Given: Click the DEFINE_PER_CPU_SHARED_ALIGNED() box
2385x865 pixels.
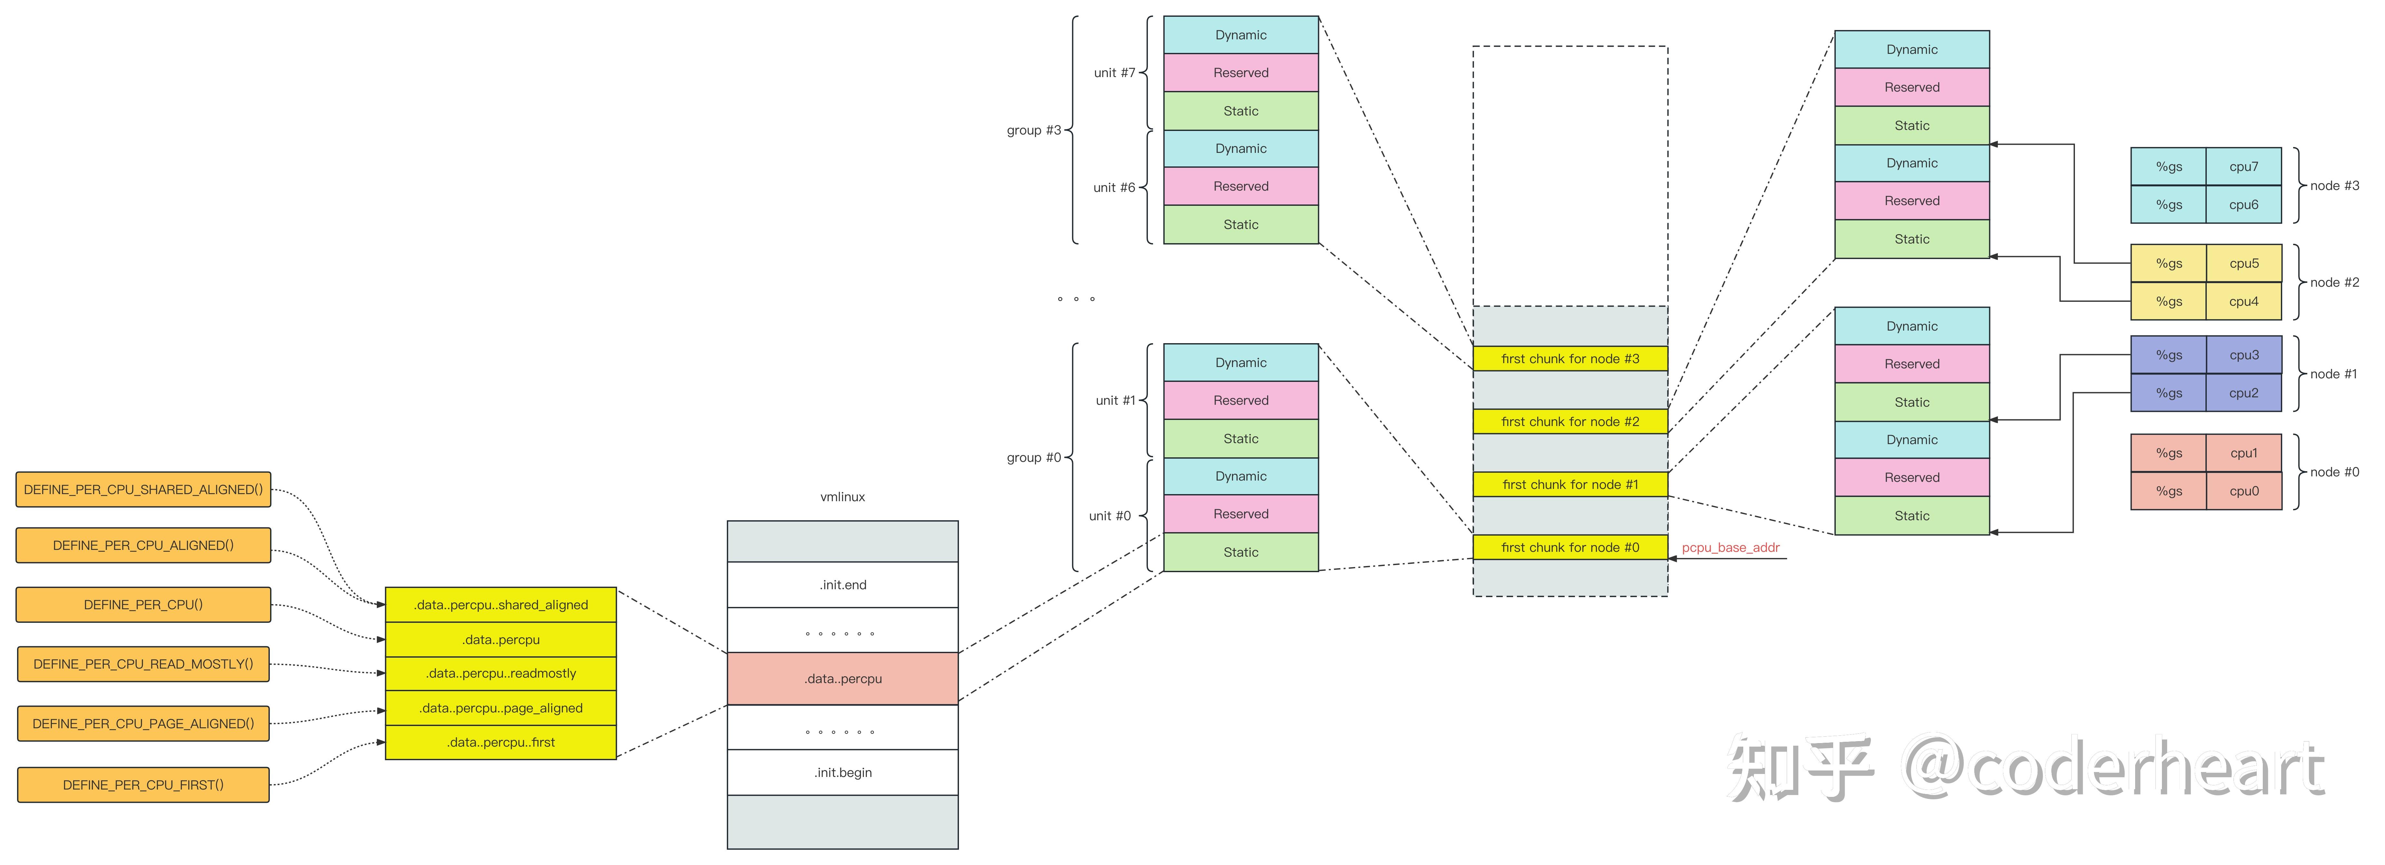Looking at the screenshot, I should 143,489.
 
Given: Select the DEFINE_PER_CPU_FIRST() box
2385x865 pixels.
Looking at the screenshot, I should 143,784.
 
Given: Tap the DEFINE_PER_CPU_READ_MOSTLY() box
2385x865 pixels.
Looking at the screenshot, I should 143,664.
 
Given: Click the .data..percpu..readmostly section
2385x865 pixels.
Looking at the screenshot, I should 501,673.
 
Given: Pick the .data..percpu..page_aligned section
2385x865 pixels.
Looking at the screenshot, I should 501,708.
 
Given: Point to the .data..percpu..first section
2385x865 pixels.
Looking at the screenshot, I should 501,742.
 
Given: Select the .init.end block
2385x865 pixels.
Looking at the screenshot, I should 843,584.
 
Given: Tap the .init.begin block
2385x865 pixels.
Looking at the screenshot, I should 843,772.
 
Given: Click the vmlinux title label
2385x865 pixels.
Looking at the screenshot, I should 843,496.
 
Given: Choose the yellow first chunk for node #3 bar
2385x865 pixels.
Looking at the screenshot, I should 1570,358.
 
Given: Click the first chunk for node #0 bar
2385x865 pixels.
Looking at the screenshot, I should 1570,547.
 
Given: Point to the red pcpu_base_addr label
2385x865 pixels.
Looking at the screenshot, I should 1730,547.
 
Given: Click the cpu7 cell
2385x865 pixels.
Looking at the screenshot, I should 2243,167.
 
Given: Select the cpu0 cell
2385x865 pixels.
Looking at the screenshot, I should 2243,491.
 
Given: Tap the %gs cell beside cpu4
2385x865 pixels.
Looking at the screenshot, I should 2168,301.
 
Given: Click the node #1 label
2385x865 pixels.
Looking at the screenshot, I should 2333,374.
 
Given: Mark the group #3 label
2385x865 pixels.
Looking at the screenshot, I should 1033,130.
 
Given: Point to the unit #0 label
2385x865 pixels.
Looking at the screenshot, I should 1109,516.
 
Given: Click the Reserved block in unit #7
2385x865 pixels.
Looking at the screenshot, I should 1241,72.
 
